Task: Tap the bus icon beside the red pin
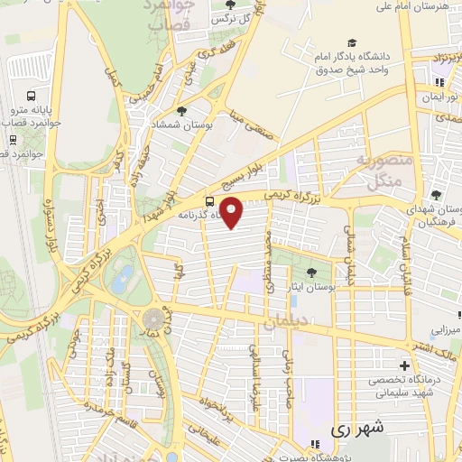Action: point(209,201)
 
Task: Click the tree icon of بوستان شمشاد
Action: point(182,112)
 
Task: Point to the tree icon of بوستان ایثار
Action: point(312,271)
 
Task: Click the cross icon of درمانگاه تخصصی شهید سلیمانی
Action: point(404,366)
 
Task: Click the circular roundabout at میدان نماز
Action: point(154,319)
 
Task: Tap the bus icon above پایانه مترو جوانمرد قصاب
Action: point(32,96)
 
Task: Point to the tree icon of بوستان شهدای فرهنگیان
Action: point(436,194)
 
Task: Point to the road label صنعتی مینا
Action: point(242,124)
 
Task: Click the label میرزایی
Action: point(443,330)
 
